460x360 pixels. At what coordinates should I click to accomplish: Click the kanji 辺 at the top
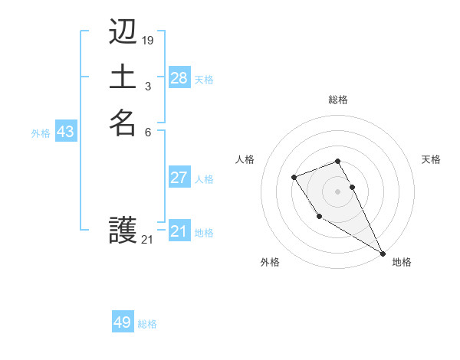[123, 34]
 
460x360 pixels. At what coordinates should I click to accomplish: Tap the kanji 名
[123, 123]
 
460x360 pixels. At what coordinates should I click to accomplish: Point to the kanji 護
[123, 230]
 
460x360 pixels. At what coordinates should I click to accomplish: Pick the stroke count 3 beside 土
[147, 85]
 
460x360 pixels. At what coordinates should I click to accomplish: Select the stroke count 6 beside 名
[147, 132]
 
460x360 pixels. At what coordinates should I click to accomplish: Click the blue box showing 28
[179, 78]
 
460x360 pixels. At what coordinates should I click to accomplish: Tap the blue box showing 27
[179, 178]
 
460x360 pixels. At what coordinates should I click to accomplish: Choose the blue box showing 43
[65, 132]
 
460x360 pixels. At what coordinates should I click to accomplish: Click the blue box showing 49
[122, 322]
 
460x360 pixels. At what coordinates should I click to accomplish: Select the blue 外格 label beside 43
[41, 133]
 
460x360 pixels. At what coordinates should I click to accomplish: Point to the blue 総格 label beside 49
[147, 324]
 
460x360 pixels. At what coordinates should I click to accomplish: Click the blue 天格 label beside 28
[204, 80]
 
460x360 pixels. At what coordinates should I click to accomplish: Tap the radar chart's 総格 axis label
[338, 100]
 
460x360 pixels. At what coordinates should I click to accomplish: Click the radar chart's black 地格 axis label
[402, 262]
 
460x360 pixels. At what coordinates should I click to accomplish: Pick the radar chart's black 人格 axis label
[245, 159]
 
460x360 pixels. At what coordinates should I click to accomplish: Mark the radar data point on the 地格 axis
[383, 253]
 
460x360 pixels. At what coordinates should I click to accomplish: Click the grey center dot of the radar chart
[338, 191]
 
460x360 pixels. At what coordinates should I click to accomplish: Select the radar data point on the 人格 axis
[294, 177]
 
